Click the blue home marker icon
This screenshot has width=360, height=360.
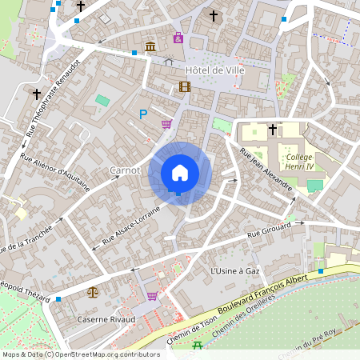point(180,174)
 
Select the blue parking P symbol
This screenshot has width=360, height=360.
point(143,114)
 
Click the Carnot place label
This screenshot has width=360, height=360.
point(125,170)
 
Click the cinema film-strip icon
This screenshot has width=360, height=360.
point(186,87)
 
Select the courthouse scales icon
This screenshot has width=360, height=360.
point(94,293)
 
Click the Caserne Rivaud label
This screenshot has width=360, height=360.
point(106,319)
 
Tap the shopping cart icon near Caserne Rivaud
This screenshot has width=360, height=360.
point(152,296)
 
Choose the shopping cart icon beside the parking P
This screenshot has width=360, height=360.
point(166,124)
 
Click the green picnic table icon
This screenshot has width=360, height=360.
point(198,345)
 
